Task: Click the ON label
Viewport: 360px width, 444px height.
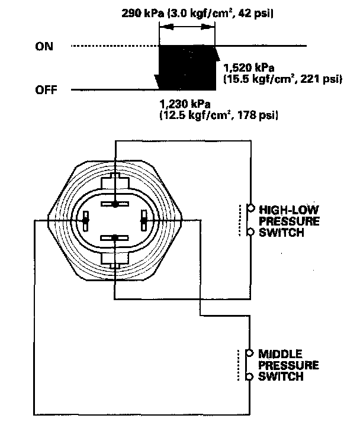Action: [x=44, y=46]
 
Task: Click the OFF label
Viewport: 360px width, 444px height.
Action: [x=47, y=90]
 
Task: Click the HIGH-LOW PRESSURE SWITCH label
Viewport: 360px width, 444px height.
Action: [x=281, y=220]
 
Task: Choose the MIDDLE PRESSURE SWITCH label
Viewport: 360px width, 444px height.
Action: [x=282, y=365]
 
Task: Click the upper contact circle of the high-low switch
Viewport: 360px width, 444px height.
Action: [x=250, y=208]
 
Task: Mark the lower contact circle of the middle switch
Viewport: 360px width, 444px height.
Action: [x=250, y=376]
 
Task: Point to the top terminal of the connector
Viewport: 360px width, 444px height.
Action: [x=115, y=204]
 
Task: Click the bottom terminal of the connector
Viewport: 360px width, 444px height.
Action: [x=115, y=238]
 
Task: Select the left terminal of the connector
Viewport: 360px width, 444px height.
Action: [x=86, y=221]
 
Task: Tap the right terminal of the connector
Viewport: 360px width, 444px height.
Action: [x=143, y=221]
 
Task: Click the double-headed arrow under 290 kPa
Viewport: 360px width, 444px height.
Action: [x=188, y=28]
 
